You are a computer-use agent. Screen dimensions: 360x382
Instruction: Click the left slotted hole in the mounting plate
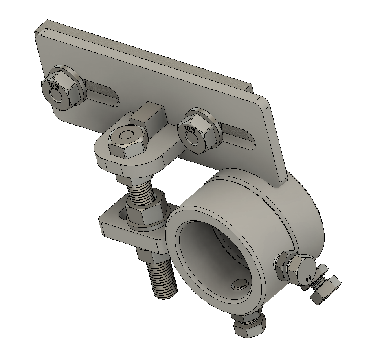pos(103,94)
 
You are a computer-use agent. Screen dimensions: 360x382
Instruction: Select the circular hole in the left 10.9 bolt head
pos(57,96)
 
